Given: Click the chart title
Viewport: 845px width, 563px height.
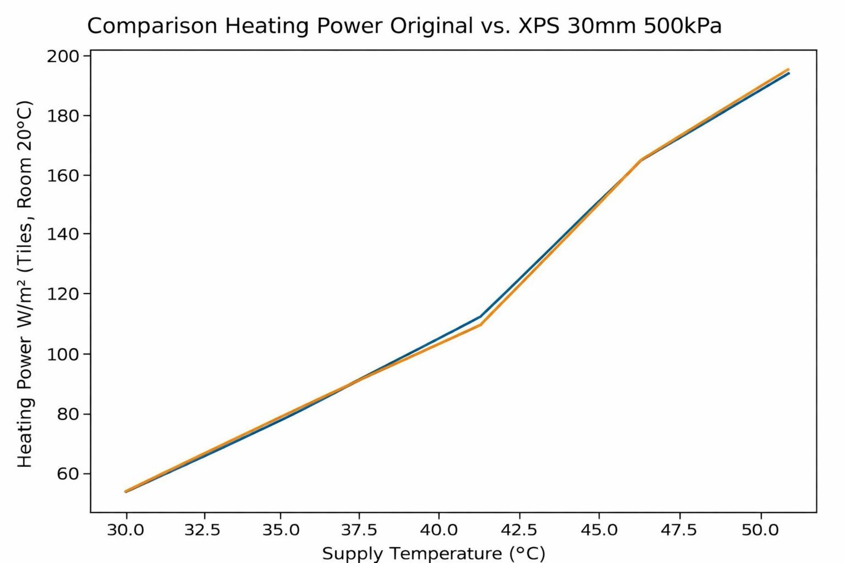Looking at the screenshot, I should coord(404,26).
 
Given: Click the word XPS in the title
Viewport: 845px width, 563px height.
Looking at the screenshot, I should coord(539,26).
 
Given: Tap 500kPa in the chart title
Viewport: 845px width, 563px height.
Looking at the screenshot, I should coord(682,26).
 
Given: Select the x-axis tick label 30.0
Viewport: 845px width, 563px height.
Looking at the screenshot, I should coord(126,530).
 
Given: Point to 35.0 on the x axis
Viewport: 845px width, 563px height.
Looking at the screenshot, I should coord(281,530).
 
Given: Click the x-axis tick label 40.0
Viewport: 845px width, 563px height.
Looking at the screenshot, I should coord(439,530).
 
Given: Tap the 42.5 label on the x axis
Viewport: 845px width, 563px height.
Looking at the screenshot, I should coord(519,530).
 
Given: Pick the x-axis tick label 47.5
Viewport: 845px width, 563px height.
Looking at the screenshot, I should coord(679,530).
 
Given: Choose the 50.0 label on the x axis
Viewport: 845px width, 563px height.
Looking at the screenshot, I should coord(760,530).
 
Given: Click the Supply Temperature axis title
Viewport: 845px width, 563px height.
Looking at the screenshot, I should coord(433,553).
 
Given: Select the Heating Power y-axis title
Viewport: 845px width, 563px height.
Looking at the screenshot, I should coord(25,284).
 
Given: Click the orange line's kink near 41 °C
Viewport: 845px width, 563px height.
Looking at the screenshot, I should coord(480,324).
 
